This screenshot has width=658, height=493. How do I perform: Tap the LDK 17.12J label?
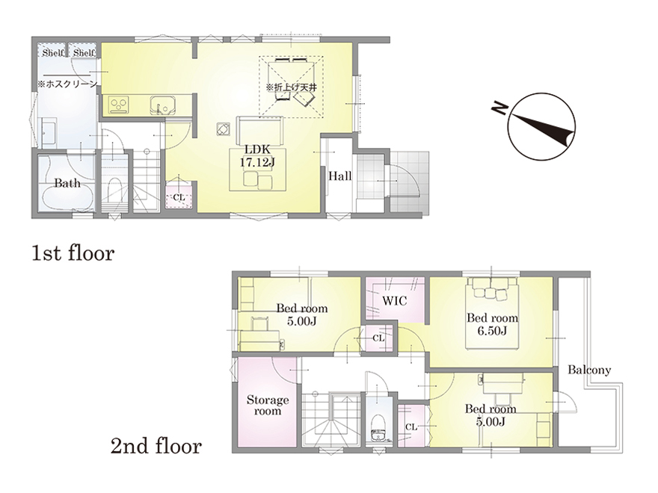(x=256, y=156)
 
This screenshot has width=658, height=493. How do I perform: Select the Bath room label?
(x=67, y=183)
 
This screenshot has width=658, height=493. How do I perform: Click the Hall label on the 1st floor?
(x=339, y=176)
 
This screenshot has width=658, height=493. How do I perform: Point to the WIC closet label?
(x=395, y=300)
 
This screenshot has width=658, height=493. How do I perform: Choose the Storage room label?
(x=268, y=405)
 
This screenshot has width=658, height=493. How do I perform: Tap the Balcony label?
(x=589, y=370)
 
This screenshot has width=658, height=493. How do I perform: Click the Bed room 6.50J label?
(x=492, y=324)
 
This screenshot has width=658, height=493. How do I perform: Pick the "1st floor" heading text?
(x=73, y=254)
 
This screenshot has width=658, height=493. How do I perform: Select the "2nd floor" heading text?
(x=156, y=446)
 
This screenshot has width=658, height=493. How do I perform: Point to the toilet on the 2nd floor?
(x=378, y=427)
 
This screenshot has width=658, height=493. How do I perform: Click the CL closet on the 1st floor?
(x=179, y=196)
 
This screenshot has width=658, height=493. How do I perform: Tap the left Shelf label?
(x=52, y=53)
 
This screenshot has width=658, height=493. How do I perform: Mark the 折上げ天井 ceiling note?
(x=291, y=87)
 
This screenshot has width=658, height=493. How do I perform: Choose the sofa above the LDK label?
(x=259, y=131)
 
